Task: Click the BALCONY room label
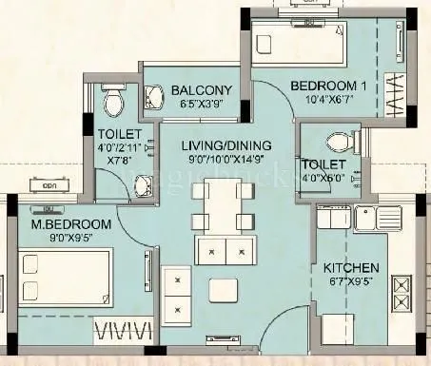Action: pyautogui.click(x=199, y=91)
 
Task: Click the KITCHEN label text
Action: pyautogui.click(x=351, y=268)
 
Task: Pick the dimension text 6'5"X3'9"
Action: pyautogui.click(x=198, y=106)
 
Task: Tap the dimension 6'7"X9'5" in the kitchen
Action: pyautogui.click(x=350, y=282)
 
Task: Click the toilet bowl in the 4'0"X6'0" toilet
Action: pyautogui.click(x=336, y=143)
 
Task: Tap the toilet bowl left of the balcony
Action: pyautogui.click(x=113, y=99)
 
